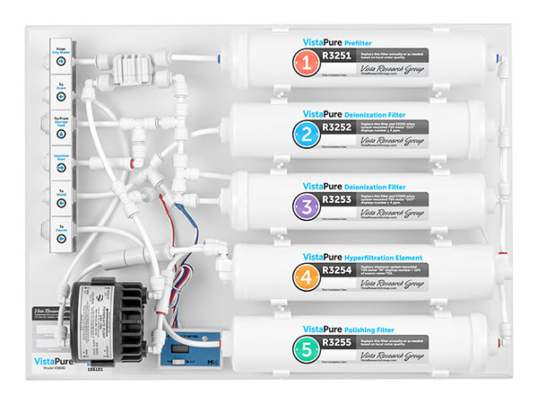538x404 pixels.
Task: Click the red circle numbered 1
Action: (307, 63)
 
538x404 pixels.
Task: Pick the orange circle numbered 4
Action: (307, 277)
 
